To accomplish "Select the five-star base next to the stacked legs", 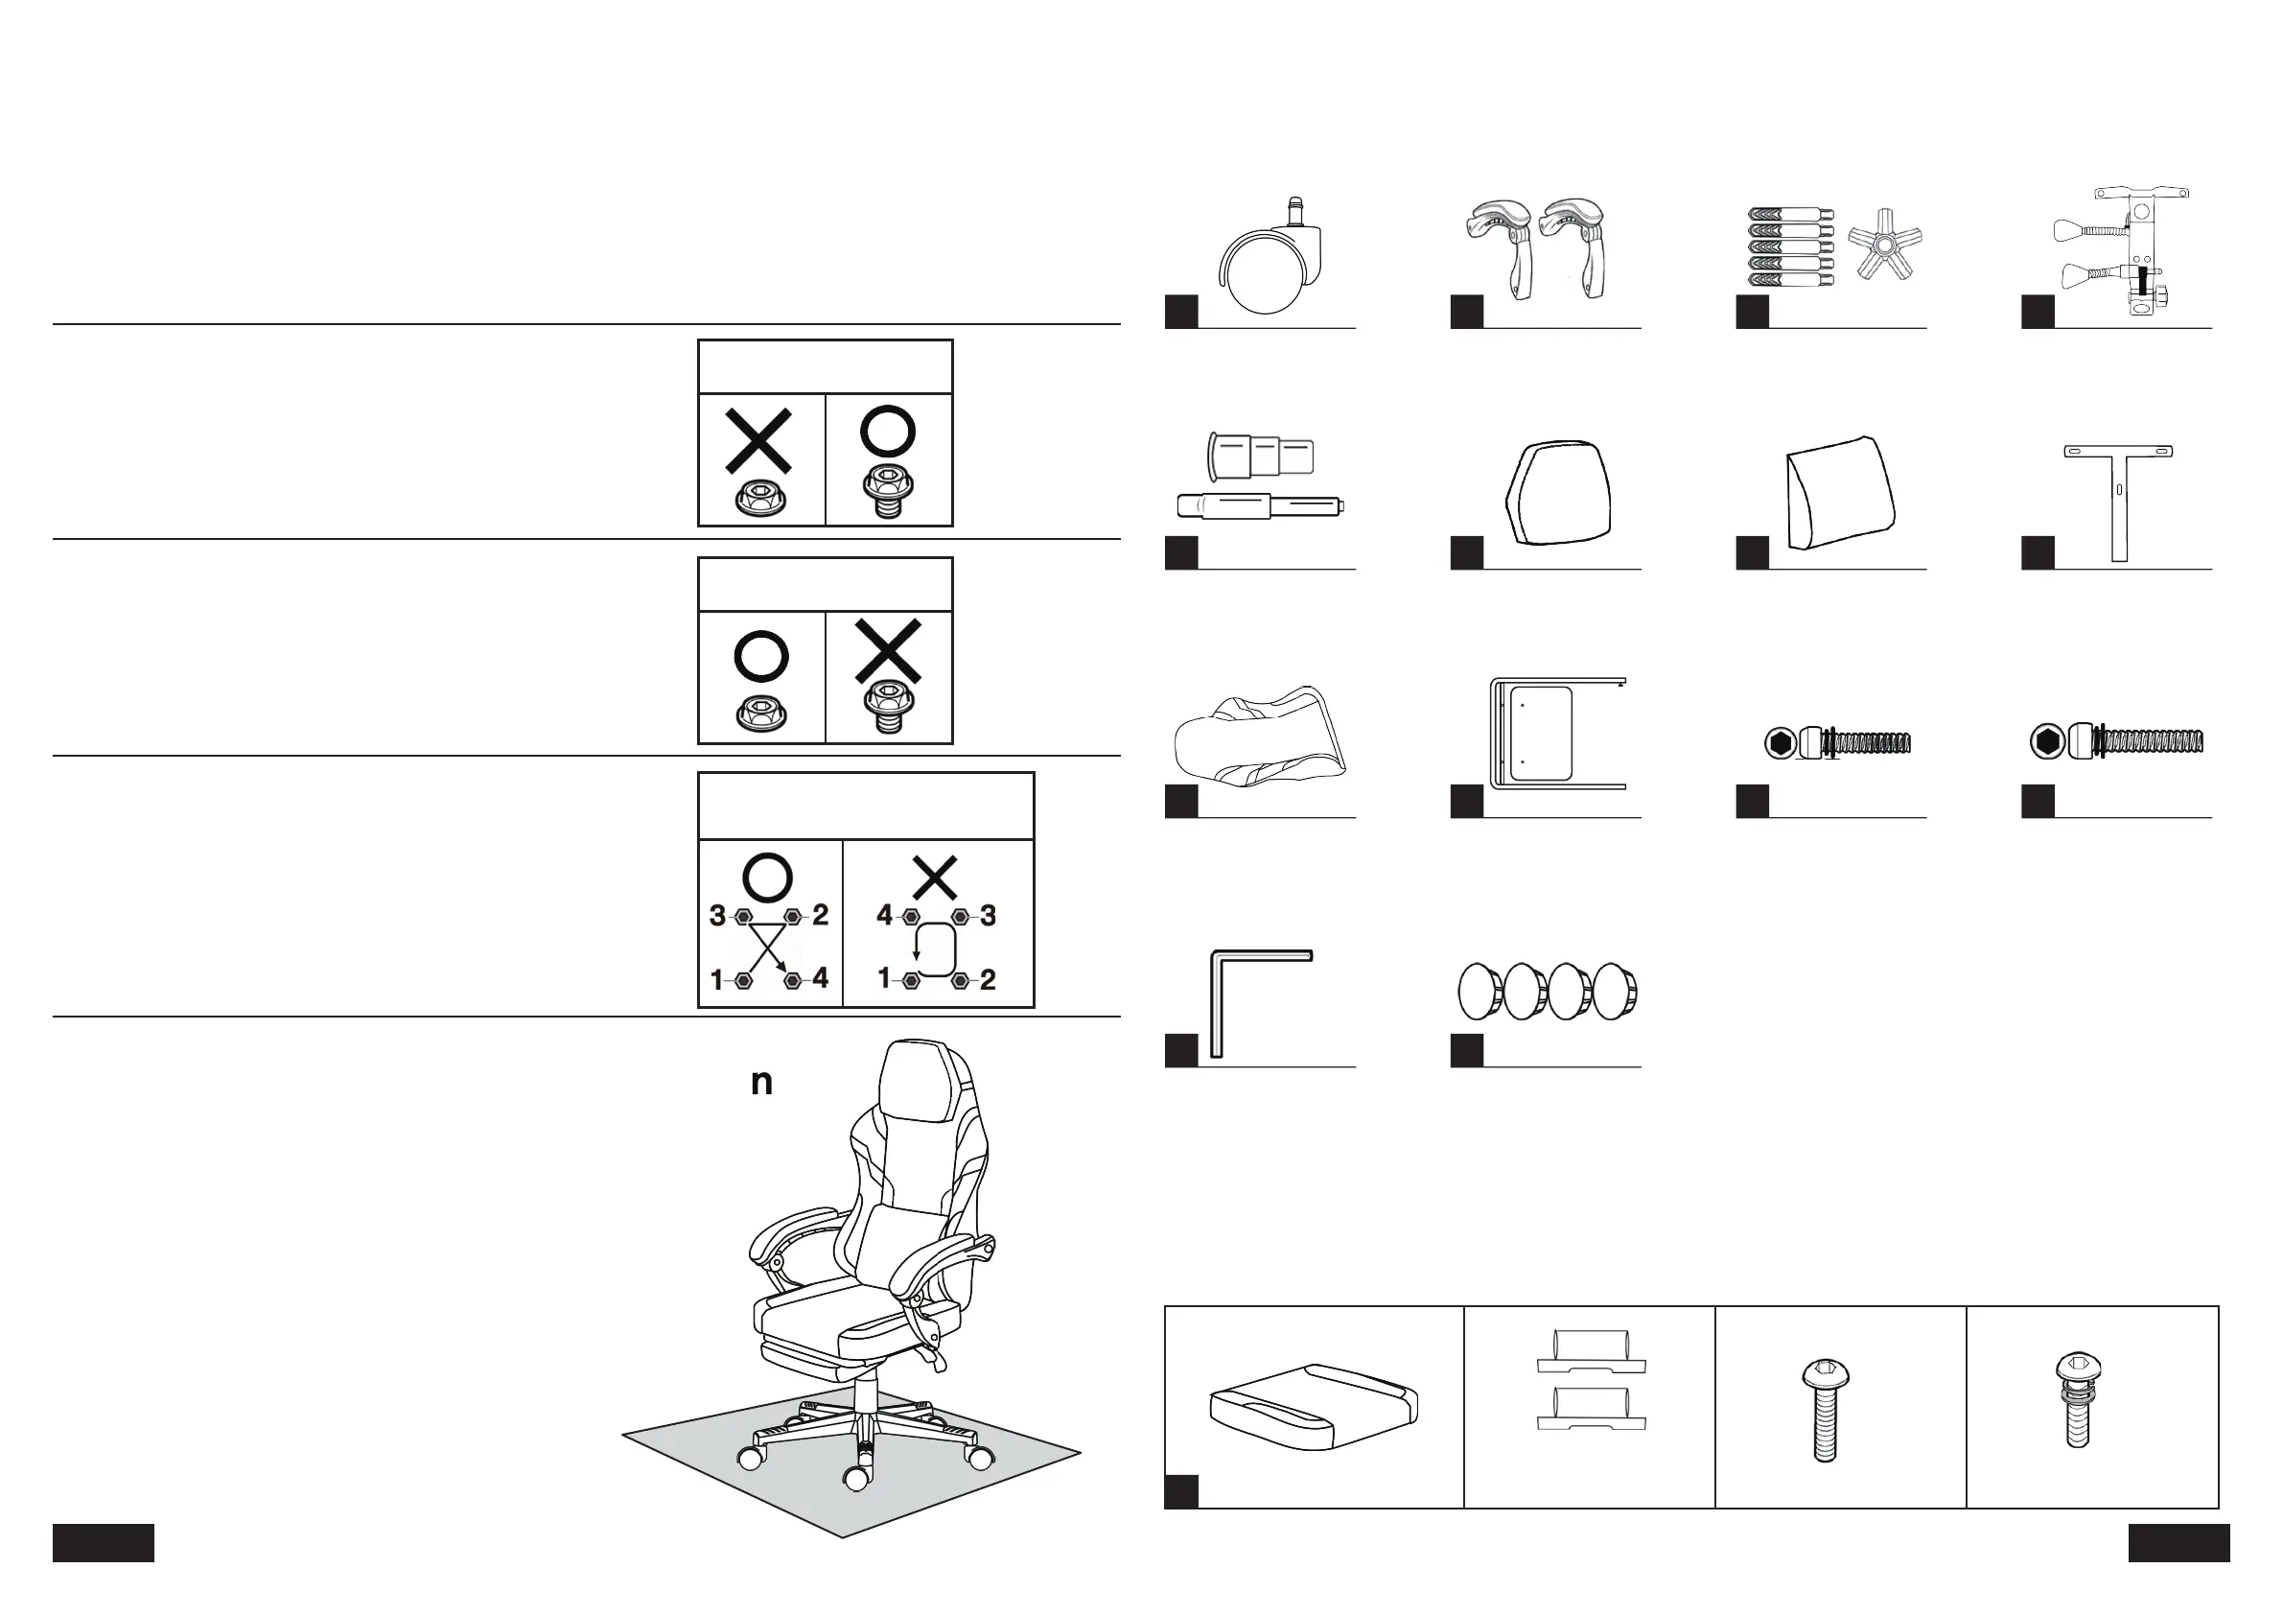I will [x=1884, y=245].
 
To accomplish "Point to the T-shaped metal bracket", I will [x=2118, y=497].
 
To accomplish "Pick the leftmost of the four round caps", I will [x=1479, y=992].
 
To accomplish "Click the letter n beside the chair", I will [x=761, y=1083].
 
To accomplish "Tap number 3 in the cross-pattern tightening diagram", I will [x=717, y=916].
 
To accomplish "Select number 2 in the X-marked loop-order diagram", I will [x=988, y=980].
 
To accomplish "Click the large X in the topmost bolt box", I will [x=758, y=440].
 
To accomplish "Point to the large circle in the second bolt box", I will [x=760, y=656].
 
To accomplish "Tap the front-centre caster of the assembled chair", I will [x=855, y=1479].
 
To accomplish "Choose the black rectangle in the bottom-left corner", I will [x=104, y=1542].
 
